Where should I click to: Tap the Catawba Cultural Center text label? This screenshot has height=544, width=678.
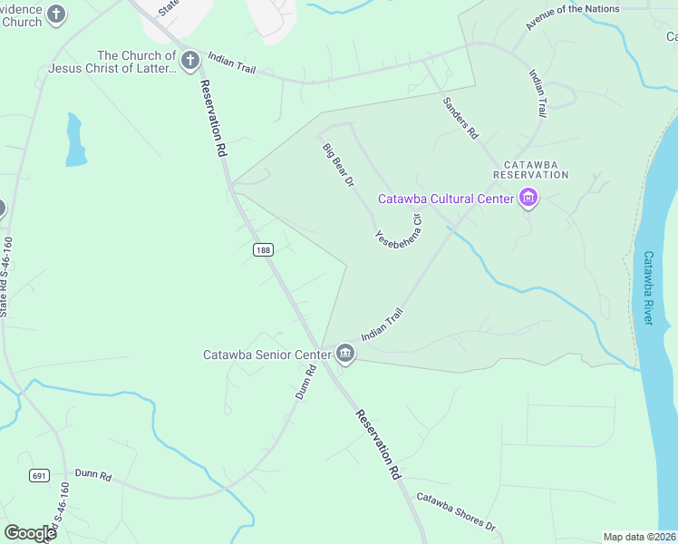click(x=446, y=199)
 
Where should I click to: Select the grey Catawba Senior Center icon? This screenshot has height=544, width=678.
click(x=344, y=354)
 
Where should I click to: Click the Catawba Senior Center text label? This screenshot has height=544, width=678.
click(x=266, y=354)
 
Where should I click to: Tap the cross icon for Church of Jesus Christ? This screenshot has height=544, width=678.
click(x=189, y=62)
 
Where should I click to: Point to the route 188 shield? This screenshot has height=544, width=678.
click(x=263, y=250)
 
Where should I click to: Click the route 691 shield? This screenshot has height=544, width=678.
click(x=38, y=475)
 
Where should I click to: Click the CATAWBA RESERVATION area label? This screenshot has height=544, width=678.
click(x=530, y=167)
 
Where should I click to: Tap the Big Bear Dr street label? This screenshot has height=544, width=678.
click(x=338, y=165)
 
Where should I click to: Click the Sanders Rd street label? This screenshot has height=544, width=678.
click(x=460, y=120)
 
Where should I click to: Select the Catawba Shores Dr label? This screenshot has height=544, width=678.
click(x=457, y=512)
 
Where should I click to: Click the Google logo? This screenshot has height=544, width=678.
click(x=30, y=533)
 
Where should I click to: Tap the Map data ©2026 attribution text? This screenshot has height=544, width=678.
click(x=639, y=537)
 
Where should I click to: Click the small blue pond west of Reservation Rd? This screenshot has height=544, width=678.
click(x=75, y=141)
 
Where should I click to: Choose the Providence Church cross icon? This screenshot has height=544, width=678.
click(x=57, y=15)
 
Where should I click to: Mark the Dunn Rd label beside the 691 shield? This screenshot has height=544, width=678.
click(x=92, y=475)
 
